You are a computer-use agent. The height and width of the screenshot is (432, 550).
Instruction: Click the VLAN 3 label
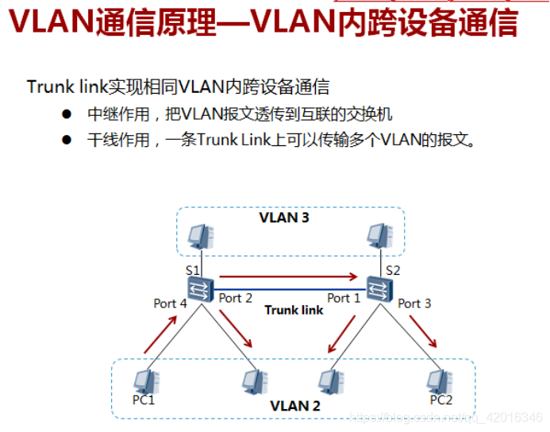[x=284, y=217]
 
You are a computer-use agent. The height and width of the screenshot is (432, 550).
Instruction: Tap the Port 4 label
[x=170, y=303]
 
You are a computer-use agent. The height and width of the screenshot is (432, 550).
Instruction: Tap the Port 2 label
[x=235, y=298]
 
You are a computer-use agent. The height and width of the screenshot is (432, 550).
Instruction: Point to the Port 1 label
[x=344, y=298]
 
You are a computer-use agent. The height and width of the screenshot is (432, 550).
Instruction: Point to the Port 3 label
[x=414, y=303]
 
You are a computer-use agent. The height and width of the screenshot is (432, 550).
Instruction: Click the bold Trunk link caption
[x=294, y=310]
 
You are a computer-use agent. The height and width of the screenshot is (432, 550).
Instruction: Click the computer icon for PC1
[x=144, y=381]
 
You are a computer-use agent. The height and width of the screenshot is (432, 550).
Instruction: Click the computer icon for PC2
[x=439, y=381]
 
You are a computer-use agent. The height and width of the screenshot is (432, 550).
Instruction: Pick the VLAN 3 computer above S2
[x=379, y=236]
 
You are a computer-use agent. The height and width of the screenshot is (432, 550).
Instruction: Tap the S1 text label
[x=193, y=269]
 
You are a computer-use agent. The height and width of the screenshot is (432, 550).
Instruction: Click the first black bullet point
[x=67, y=114]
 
